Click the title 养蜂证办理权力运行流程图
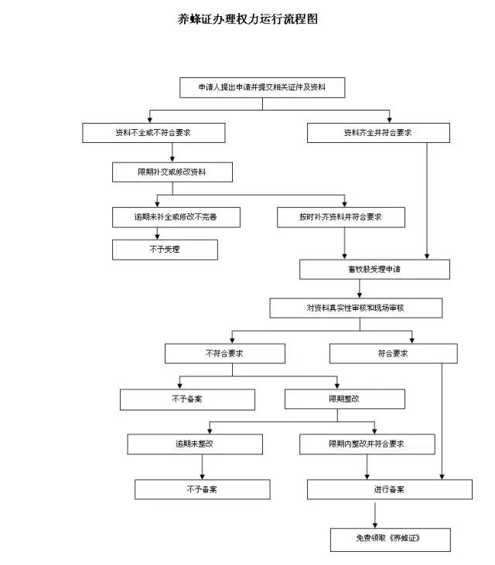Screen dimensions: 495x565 pos(248,19)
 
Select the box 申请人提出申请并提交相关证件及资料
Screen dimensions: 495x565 pos(262,87)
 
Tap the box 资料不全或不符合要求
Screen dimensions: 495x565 pos(154,133)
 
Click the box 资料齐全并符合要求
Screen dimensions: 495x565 pos(378,133)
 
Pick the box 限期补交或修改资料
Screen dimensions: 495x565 pos(172,172)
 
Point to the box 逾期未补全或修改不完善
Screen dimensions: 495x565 pos(176,217)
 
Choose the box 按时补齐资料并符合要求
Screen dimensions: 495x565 pos(340,217)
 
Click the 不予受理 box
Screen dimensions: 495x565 pos(165,250)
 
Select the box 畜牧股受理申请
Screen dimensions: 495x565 pos(374,270)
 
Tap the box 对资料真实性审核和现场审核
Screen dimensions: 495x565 pos(356,308)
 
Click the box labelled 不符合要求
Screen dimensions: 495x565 pos(224,353)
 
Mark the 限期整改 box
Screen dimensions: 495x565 pos(345,399)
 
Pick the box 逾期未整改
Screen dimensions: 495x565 pos(195,444)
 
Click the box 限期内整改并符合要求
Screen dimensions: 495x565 pos(367,444)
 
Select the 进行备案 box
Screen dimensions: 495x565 pos(389,489)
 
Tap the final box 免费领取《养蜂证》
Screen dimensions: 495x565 pos(390,539)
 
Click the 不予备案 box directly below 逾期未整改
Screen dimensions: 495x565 pos(203,489)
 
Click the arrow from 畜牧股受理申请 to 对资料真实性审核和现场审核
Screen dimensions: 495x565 pos(360,288)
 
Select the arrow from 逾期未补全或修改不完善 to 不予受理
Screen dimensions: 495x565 pos(157,233)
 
